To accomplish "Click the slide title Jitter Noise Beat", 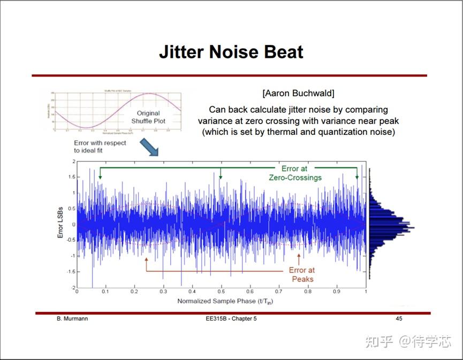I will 231,52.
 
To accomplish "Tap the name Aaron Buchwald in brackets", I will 298,94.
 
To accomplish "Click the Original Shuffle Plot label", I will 148,117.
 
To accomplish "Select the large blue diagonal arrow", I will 150,147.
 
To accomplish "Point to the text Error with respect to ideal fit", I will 96,147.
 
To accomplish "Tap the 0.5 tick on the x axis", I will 221,293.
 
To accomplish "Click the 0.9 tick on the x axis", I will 337,293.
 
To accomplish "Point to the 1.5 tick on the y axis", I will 70,177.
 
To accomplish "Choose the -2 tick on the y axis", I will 72,287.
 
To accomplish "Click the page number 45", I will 399,319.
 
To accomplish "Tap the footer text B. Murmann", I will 72,319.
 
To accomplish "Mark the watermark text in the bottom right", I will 408,341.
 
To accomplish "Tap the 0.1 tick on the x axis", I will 105,293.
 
